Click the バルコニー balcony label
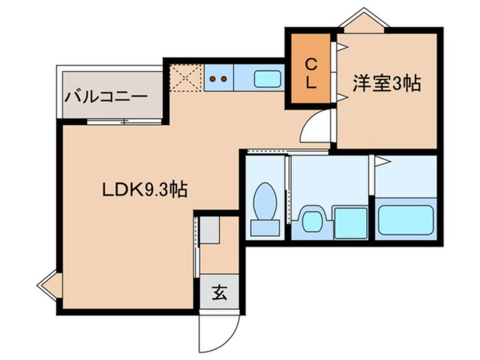pos(106,95)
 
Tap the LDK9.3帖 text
pos(145,190)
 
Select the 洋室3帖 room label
pos(386,85)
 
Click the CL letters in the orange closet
pos(310,73)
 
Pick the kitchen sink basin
pos(268,78)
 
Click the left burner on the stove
pos(214,79)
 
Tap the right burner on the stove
pos(224,79)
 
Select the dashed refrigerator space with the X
pos(187,78)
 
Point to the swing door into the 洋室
pos(315,128)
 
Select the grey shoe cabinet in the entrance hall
pos(209,231)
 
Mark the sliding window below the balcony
pos(124,122)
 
